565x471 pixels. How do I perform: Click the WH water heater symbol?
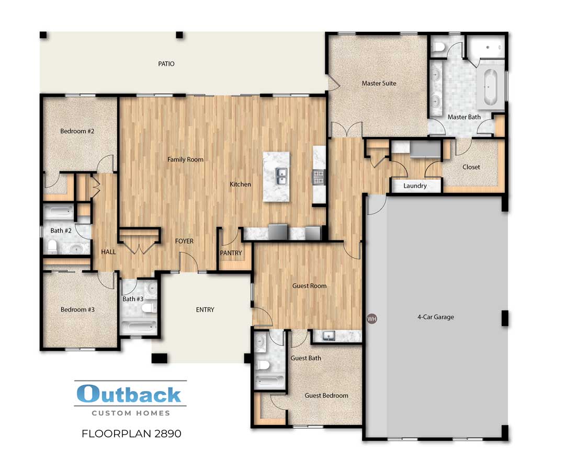pyautogui.click(x=372, y=318)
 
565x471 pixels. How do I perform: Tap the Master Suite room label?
pyautogui.click(x=379, y=83)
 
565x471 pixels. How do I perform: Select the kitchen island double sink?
pyautogui.click(x=281, y=177)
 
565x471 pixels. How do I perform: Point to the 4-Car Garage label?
pyautogui.click(x=435, y=317)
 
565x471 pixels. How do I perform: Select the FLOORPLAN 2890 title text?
pyautogui.click(x=132, y=433)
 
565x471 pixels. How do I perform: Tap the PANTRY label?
pyautogui.click(x=231, y=253)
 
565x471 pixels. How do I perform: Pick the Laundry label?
pyautogui.click(x=415, y=186)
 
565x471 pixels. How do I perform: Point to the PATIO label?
pyautogui.click(x=166, y=64)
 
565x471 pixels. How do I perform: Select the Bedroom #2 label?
pyautogui.click(x=77, y=131)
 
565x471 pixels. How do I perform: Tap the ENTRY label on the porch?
pyautogui.click(x=205, y=309)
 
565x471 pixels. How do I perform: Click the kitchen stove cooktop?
pyautogui.click(x=318, y=177)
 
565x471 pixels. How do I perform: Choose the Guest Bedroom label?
pyautogui.click(x=326, y=395)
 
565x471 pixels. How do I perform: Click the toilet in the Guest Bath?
pyautogui.click(x=263, y=364)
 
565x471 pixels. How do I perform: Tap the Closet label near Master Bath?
pyautogui.click(x=471, y=167)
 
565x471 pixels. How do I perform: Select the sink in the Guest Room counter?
pyautogui.click(x=328, y=336)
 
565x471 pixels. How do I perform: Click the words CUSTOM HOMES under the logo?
pyautogui.click(x=131, y=413)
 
